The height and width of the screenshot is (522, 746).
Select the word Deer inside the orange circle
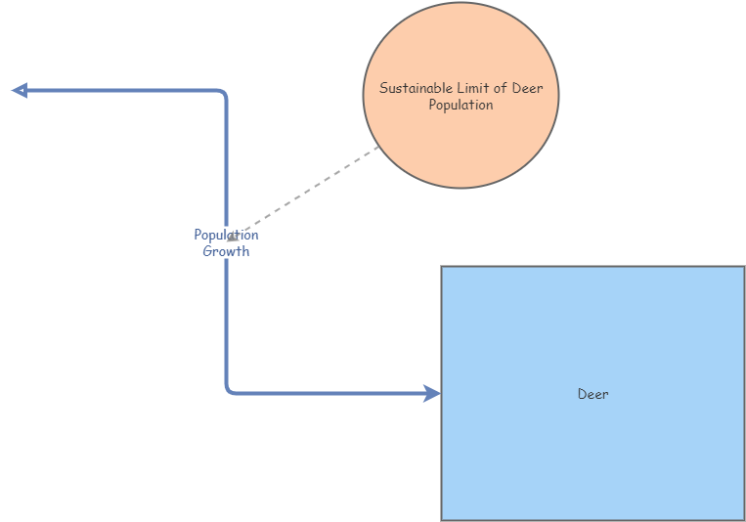coord(528,89)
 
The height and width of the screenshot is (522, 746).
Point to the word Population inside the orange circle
coord(461,106)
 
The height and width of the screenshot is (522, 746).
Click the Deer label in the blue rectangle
coord(592,394)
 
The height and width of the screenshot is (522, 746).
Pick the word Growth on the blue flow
coord(226,251)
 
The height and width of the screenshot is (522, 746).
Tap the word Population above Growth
coord(226,235)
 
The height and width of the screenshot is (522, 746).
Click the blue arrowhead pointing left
coord(20,91)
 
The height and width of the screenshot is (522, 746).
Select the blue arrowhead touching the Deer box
coord(432,393)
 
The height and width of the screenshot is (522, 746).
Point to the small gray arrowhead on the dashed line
coord(233,236)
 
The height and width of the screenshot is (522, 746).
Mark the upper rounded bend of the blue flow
coord(224,94)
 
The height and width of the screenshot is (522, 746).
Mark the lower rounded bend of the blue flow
coord(229,390)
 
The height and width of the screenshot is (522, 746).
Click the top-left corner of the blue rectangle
coord(442,267)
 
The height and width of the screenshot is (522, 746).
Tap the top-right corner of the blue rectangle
coord(744,267)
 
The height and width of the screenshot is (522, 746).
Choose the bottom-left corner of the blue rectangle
coord(442,519)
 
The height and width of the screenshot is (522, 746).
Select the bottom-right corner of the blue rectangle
coord(744,519)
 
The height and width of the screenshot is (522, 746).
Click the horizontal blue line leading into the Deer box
coord(332,393)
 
